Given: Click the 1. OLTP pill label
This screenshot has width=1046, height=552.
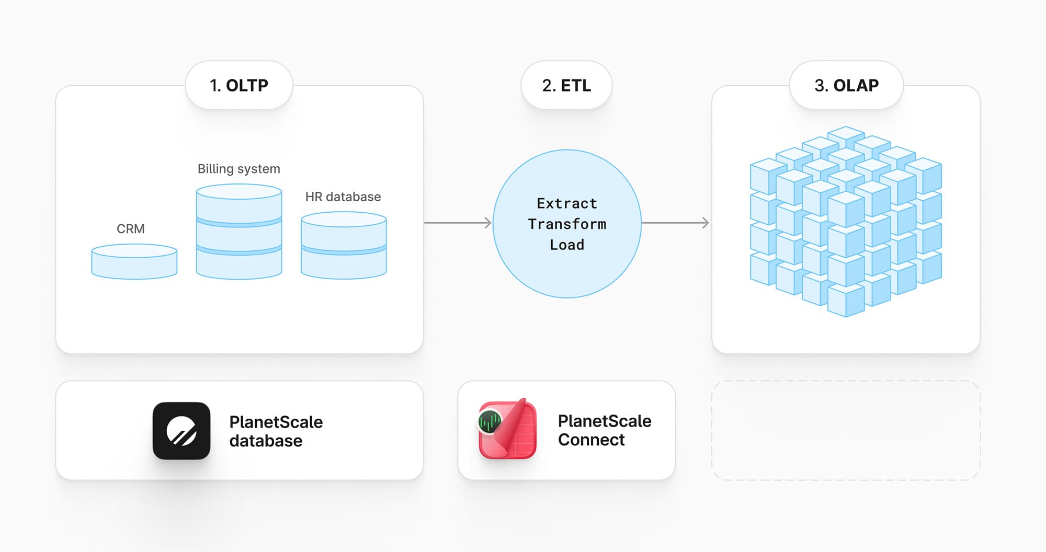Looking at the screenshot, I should tap(239, 85).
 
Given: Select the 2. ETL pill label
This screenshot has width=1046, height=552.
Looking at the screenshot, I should tap(566, 85).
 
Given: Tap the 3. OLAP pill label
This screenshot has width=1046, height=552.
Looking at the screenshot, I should tap(846, 85).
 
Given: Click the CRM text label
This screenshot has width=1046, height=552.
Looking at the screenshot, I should tap(131, 229).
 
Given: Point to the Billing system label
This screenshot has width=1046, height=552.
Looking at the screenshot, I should tap(239, 169).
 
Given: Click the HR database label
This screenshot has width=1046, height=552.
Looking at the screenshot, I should tap(343, 197).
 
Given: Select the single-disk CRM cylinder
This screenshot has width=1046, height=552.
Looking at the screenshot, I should tap(134, 262).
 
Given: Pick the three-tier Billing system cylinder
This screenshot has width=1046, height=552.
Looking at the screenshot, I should tap(239, 232).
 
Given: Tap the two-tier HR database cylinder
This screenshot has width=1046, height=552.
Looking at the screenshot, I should tap(344, 245).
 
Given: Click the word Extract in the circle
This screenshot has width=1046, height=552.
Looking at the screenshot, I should tap(567, 203).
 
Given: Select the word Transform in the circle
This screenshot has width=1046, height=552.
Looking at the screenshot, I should tap(567, 224).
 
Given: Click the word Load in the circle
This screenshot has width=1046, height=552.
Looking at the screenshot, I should tap(567, 245).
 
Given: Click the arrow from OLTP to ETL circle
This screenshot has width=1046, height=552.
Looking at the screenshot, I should tap(458, 223).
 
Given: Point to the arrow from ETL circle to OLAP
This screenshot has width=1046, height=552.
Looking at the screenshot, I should tap(675, 223).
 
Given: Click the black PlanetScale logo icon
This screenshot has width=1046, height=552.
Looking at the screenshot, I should tap(181, 431).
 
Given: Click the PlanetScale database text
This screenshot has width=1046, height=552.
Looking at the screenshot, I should tap(276, 431).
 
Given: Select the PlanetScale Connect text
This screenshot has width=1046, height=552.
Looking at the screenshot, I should tap(604, 430).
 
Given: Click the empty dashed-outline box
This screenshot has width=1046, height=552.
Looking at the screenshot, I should tap(846, 430).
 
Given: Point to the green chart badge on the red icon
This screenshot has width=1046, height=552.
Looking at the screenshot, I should tap(490, 421).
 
